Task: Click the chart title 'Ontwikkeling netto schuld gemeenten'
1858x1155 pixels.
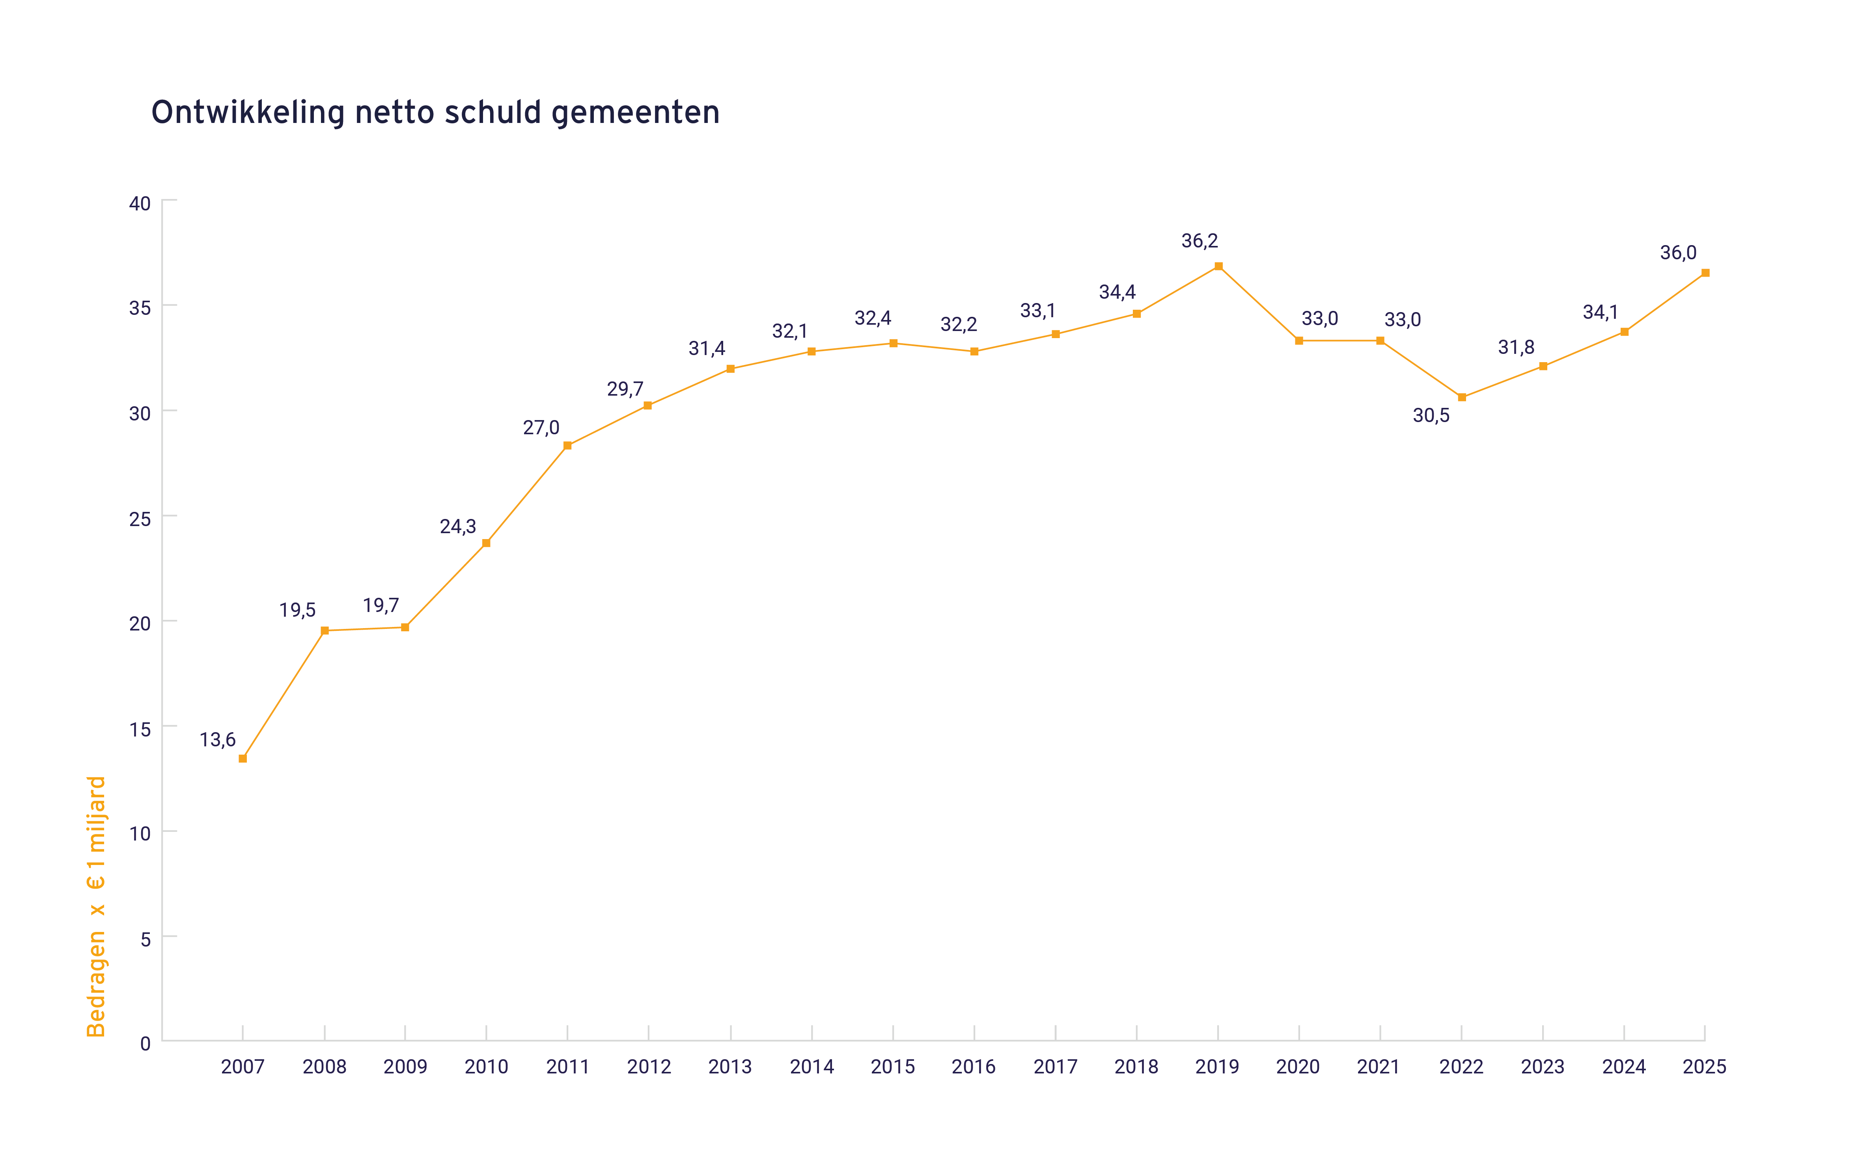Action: point(435,113)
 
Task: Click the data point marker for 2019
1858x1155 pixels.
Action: point(1218,267)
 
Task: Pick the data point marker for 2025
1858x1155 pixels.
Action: point(1705,273)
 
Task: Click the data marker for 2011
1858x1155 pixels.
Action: point(567,445)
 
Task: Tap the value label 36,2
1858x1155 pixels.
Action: point(1199,242)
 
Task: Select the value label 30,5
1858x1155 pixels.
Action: point(1431,416)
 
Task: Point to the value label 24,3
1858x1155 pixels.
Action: point(458,526)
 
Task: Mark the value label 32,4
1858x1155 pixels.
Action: point(873,318)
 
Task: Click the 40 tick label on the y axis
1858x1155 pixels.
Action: point(140,204)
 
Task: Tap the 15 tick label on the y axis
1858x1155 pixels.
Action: point(140,729)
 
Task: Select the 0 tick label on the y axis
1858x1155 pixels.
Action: point(145,1043)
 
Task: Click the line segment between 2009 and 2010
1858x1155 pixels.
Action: point(446,585)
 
